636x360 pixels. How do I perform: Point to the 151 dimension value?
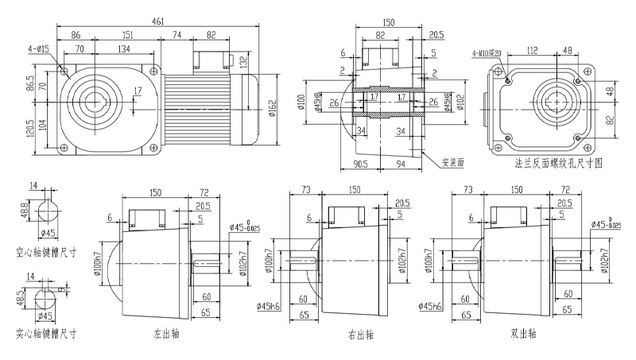point(127,35)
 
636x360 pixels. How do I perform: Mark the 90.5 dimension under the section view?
point(360,165)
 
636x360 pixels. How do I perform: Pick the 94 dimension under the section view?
point(400,165)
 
